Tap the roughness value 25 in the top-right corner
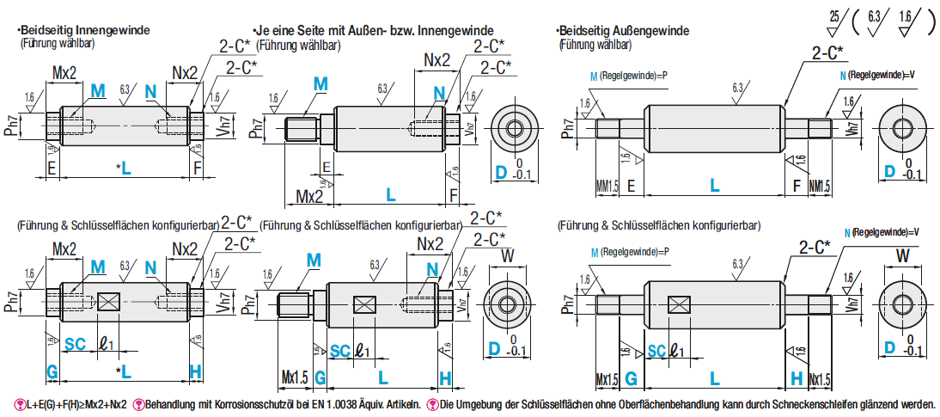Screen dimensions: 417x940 click(834, 15)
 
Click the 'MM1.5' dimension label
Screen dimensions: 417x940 click(607, 185)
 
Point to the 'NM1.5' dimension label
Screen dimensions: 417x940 click(820, 185)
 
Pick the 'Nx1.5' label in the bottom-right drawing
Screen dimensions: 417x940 click(820, 378)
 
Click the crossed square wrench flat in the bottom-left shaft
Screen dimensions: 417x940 click(109, 301)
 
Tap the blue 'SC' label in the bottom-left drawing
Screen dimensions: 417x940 click(76, 343)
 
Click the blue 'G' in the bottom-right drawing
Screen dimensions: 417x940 click(631, 377)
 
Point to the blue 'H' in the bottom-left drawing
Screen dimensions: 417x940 click(195, 371)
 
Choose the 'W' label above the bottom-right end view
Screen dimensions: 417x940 click(902, 254)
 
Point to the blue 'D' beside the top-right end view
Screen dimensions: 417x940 click(891, 173)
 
